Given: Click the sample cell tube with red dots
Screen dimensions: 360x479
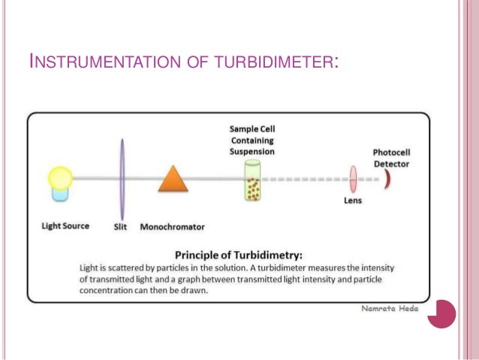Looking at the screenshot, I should point(252,183).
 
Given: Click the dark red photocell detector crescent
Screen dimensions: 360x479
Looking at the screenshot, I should point(388,179).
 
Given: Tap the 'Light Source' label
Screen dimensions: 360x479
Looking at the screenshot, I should point(65,225).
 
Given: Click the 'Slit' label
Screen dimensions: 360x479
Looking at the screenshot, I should point(120,226).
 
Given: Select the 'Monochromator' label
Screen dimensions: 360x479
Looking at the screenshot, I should point(173,226).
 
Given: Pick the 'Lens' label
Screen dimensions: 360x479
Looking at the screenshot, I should point(353,201).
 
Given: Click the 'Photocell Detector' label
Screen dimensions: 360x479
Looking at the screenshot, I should point(392,158).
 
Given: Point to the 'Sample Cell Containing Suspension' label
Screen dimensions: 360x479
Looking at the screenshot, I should point(252,141).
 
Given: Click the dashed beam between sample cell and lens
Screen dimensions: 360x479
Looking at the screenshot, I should point(304,180).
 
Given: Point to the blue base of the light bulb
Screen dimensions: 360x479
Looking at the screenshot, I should point(60,193).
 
